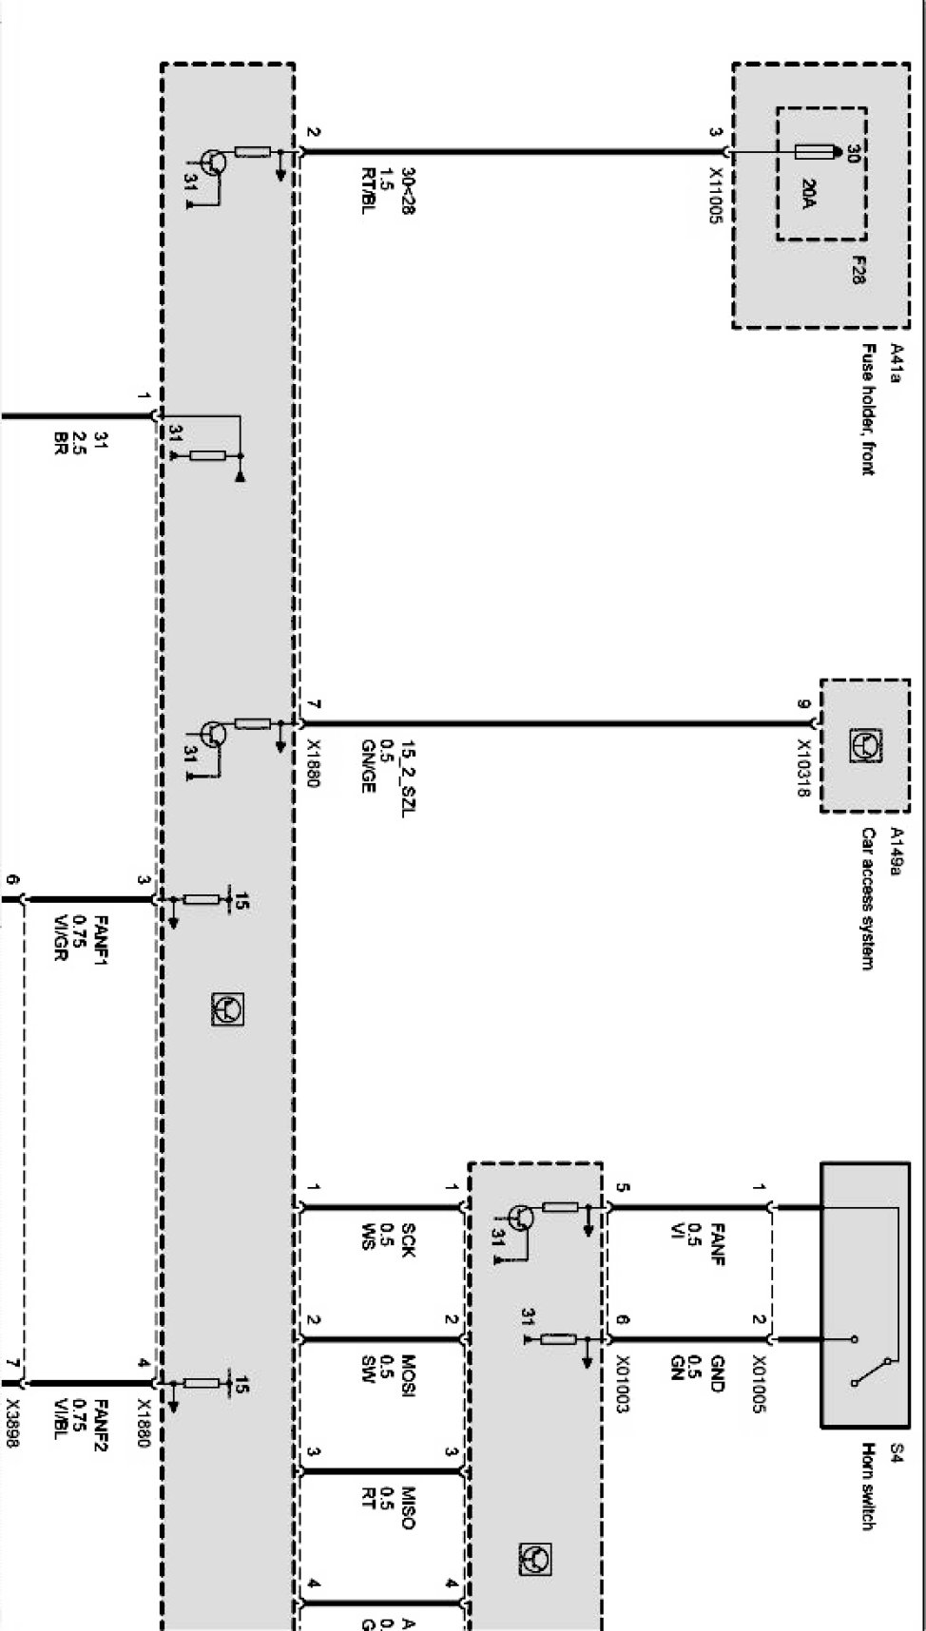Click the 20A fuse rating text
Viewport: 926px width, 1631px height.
click(808, 193)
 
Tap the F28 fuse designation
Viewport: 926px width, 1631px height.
click(858, 270)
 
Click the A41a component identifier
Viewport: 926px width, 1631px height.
click(895, 363)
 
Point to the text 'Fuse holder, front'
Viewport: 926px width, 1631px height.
click(868, 409)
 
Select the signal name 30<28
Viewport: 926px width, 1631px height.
click(408, 190)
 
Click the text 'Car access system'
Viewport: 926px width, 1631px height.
click(868, 898)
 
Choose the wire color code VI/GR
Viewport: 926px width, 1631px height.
click(60, 937)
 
